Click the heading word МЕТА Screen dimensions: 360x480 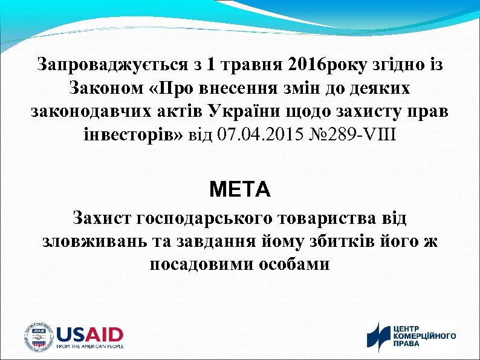coord(240,189)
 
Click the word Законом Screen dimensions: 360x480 coord(105,88)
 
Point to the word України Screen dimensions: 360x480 coord(239,112)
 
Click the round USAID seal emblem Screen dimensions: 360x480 coord(38,336)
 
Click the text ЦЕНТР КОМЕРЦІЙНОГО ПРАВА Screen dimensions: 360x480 coord(424,335)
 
